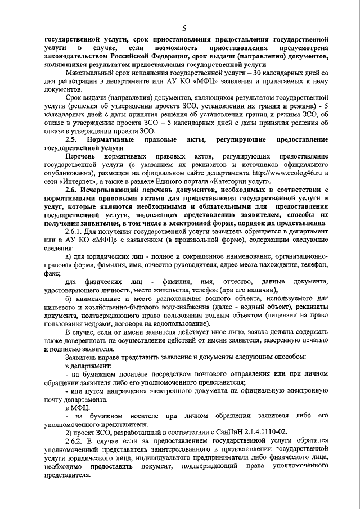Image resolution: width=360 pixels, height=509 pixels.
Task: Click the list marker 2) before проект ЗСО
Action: tap(69, 431)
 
